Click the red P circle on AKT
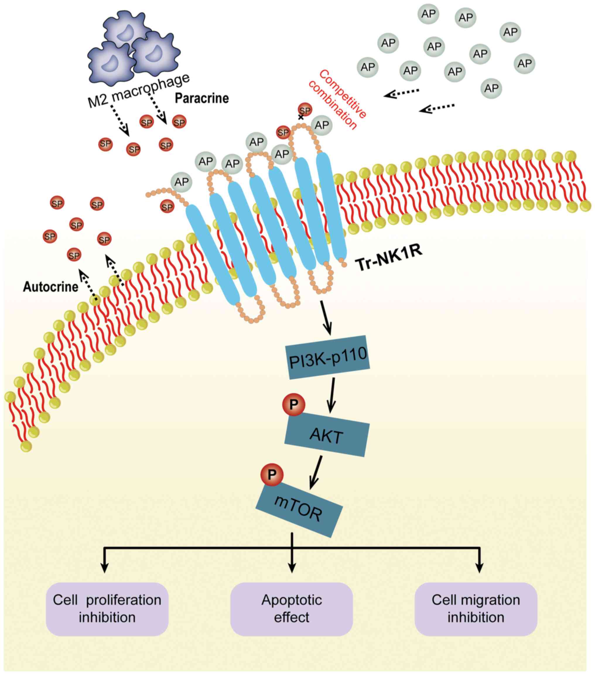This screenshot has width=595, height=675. pos(293,404)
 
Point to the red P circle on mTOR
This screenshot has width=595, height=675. pos(272,474)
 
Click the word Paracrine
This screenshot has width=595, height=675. pos(202,98)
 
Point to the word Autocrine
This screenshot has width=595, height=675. pos(51,287)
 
